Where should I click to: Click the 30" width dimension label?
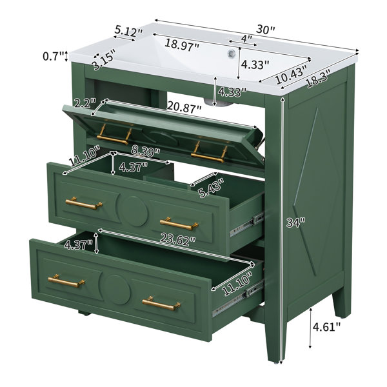(x=265, y=30)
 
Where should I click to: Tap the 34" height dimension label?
(x=296, y=223)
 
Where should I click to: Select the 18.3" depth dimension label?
(x=317, y=79)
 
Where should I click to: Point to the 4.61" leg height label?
(x=326, y=327)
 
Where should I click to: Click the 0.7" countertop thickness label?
(x=54, y=56)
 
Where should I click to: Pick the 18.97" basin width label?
(x=182, y=45)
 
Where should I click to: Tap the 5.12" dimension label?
(x=128, y=31)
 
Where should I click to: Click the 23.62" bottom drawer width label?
(x=178, y=239)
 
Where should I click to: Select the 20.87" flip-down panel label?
(x=184, y=107)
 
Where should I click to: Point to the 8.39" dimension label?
(x=145, y=151)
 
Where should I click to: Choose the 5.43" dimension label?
(x=212, y=188)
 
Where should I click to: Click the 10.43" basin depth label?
(x=292, y=75)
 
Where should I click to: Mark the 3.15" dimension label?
(x=104, y=61)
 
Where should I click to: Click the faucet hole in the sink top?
(x=232, y=53)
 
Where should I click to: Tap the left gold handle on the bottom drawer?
(x=66, y=281)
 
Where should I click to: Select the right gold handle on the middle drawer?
(x=179, y=224)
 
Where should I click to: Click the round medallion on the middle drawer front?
(x=133, y=212)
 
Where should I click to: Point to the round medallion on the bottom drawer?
(x=115, y=290)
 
